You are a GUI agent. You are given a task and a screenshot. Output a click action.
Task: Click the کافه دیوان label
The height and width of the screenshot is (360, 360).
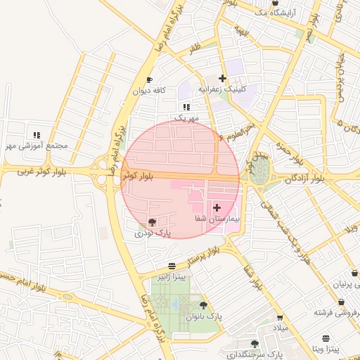(x=149, y=91)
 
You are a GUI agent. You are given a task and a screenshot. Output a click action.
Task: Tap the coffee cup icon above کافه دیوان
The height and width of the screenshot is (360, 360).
(x=149, y=79)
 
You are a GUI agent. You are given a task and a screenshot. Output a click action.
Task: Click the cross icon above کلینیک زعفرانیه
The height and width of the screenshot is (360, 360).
(x=223, y=78)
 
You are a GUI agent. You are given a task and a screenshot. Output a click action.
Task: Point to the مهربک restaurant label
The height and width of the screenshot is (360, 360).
(x=186, y=117)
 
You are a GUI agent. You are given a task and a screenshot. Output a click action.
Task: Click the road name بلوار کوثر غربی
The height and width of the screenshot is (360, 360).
(x=26, y=171)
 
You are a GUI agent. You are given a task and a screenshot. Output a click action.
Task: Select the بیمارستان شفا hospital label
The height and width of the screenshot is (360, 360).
(x=217, y=219)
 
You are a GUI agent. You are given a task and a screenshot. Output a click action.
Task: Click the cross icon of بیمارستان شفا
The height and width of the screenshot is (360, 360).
(x=216, y=208)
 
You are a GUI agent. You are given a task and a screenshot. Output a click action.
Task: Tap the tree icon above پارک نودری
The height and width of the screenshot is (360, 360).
(x=153, y=222)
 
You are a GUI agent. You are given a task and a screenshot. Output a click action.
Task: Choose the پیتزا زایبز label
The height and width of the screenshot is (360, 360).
(x=172, y=276)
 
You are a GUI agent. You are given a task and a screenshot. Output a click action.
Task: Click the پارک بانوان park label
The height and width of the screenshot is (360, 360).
(x=204, y=316)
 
